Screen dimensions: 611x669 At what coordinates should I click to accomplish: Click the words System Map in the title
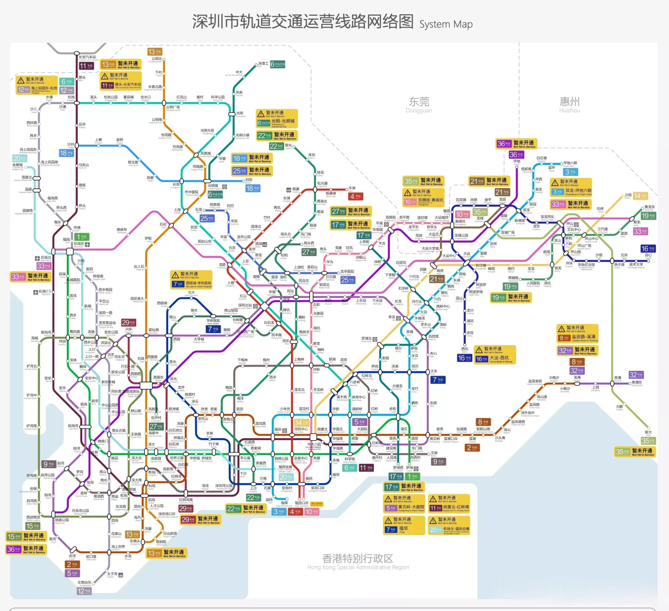[446, 24]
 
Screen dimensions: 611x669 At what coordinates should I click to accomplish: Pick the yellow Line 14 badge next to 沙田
[640, 196]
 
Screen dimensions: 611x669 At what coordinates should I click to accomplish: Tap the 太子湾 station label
[112, 574]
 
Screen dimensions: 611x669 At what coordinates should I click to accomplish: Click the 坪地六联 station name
[570, 163]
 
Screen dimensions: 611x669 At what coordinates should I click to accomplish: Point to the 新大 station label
[648, 432]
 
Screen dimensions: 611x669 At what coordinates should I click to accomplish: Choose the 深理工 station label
[263, 63]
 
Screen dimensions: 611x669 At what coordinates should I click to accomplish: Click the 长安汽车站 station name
[87, 57]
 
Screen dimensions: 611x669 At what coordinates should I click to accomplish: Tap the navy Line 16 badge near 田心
[648, 249]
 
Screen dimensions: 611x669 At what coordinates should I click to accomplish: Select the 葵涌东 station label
[637, 382]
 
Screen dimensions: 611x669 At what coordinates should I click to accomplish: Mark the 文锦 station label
[434, 453]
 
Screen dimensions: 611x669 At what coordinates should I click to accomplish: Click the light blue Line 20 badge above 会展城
[19, 158]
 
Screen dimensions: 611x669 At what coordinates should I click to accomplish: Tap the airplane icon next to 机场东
[87, 244]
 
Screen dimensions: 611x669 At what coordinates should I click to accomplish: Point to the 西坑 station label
[465, 349]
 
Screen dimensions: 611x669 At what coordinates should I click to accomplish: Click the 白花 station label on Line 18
[249, 180]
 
